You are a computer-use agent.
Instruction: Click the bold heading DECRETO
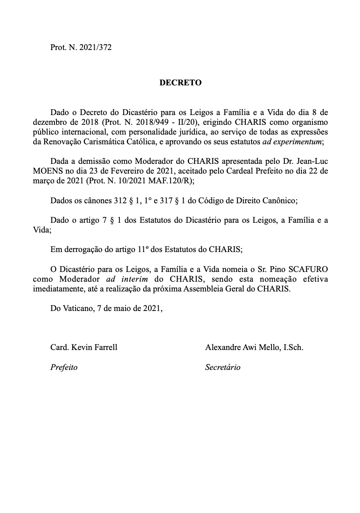180,83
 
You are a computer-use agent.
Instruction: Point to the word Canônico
282,200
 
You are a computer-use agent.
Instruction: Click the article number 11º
145,250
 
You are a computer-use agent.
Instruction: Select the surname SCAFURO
310,270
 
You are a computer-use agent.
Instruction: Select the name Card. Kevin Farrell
84,348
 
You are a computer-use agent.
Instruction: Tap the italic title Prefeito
64,367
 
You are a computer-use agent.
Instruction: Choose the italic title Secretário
223,367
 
